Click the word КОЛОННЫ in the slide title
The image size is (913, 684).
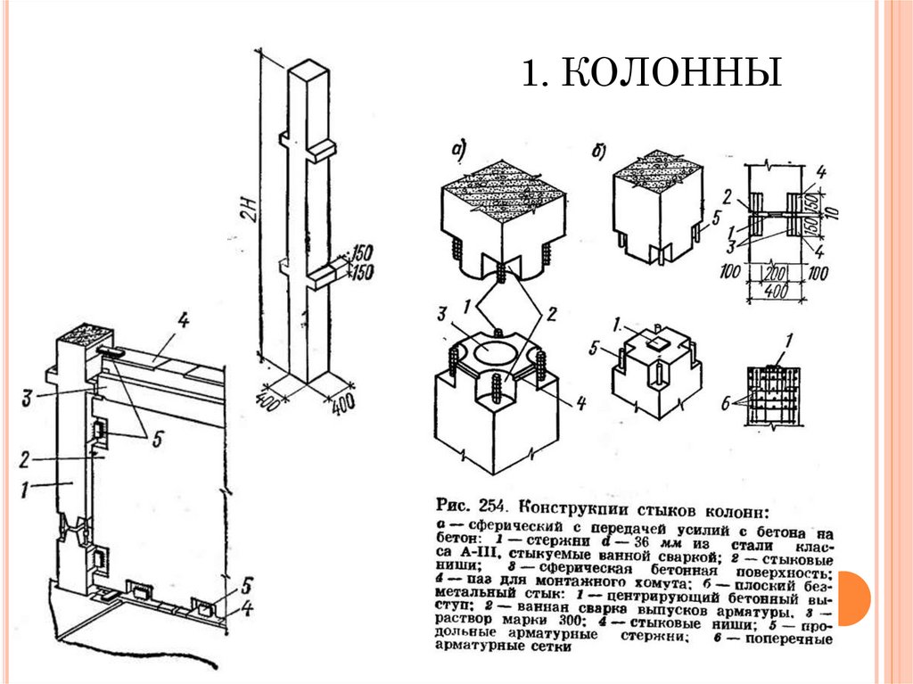click(672, 74)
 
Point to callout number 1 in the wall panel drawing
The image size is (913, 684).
click(28, 487)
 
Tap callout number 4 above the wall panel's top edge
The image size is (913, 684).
click(182, 320)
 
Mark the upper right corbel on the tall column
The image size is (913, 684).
click(323, 148)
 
